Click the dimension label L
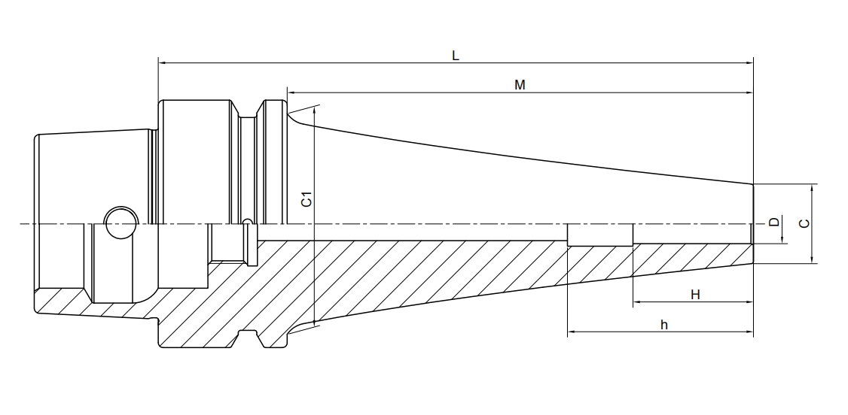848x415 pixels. (x=455, y=55)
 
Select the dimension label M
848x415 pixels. (x=520, y=84)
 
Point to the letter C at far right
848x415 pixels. (x=804, y=223)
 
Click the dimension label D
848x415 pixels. (x=773, y=223)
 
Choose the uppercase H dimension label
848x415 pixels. (x=695, y=295)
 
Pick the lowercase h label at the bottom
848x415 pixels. (x=663, y=324)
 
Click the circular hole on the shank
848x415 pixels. (x=120, y=223)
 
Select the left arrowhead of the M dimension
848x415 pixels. (x=291, y=92)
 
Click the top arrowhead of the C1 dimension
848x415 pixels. (x=313, y=110)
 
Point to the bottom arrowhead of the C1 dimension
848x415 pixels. (x=313, y=323)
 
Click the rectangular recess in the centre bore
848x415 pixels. (x=600, y=235)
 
